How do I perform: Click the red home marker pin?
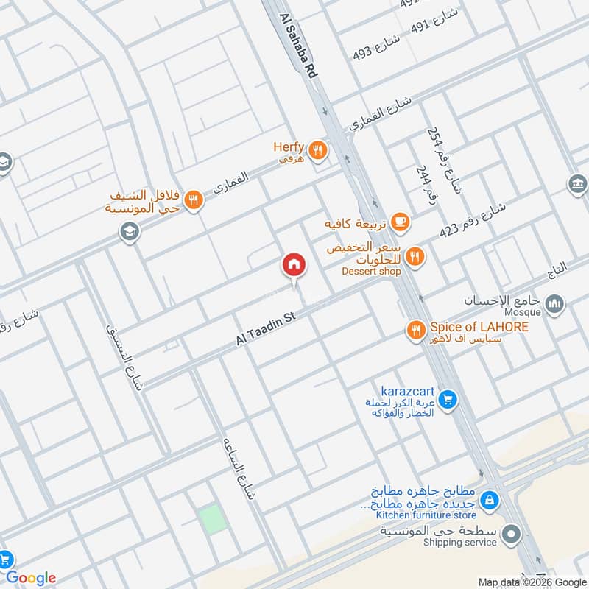(x=293, y=264)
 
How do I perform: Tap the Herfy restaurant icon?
(x=318, y=150)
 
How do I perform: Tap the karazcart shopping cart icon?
(x=446, y=401)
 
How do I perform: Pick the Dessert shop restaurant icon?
(x=416, y=255)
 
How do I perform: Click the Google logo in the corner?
(x=30, y=577)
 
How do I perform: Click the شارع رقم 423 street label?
(x=472, y=219)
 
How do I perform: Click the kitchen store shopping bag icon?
(x=487, y=501)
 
